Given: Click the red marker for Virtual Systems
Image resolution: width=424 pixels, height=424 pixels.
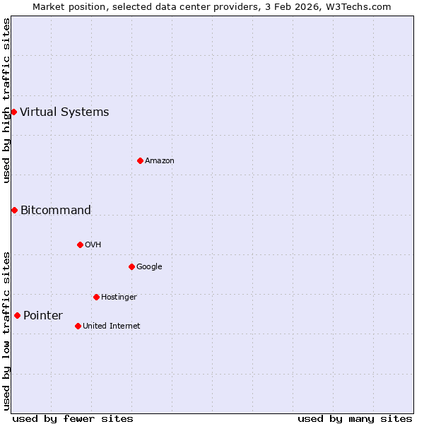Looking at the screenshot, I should point(13,112).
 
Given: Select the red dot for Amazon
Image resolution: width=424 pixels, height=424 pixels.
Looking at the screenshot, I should point(140,160).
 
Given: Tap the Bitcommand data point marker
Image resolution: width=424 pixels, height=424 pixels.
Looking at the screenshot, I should point(14,210).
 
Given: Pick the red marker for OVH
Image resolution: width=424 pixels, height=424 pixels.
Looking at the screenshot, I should point(80,245).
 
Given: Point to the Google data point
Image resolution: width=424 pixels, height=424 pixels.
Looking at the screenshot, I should point(131,266).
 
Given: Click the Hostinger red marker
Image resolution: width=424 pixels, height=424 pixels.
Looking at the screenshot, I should point(96,297).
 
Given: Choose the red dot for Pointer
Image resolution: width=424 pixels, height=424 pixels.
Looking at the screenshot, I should point(17,315).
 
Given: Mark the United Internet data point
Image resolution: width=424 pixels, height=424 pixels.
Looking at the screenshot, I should point(78,326).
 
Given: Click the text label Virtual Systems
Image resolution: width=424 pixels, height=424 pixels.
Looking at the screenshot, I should point(64,112).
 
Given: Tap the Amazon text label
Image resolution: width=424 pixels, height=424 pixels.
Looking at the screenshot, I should point(160,160).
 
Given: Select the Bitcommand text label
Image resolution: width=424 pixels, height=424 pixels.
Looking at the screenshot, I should point(56,210).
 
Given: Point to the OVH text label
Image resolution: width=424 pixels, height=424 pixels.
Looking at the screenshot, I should point(93,245).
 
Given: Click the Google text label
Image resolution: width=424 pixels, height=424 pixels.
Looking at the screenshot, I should point(149,266).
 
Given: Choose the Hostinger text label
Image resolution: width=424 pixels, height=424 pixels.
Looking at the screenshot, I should point(119,297).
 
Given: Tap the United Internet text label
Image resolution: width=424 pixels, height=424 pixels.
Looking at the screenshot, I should point(112,326).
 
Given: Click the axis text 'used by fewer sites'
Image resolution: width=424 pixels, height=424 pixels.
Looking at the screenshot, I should point(73,418).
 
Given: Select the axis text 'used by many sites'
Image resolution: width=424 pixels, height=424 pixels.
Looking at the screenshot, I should point(355,418).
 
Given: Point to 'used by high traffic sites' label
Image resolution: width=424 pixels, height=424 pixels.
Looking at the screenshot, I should point(6,100).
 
